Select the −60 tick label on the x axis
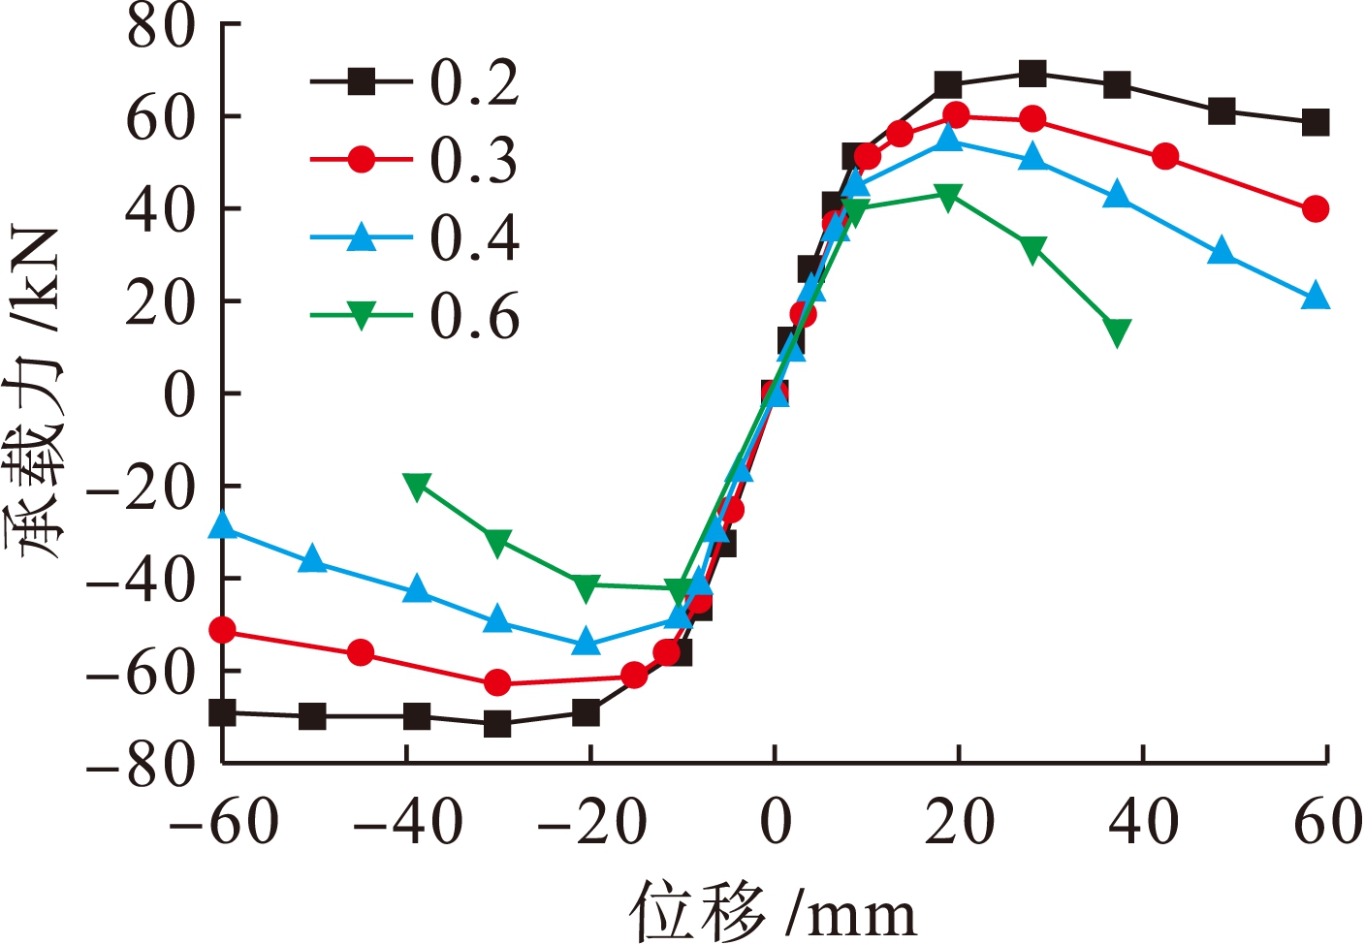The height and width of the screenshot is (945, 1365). pos(224,824)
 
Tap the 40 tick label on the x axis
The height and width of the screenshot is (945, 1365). pos(1144,824)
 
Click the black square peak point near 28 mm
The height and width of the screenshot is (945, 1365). pos(1033,73)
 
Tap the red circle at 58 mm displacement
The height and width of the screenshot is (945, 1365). pos(1316,208)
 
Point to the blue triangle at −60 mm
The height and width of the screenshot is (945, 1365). pos(223,525)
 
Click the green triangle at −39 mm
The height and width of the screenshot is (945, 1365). pos(417,487)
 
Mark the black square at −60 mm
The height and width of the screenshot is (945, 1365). pos(223,713)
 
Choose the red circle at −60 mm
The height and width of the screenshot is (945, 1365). pos(223,631)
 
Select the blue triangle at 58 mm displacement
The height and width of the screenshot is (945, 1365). pos(1316,297)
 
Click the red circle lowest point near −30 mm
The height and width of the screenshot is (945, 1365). pos(497,683)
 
